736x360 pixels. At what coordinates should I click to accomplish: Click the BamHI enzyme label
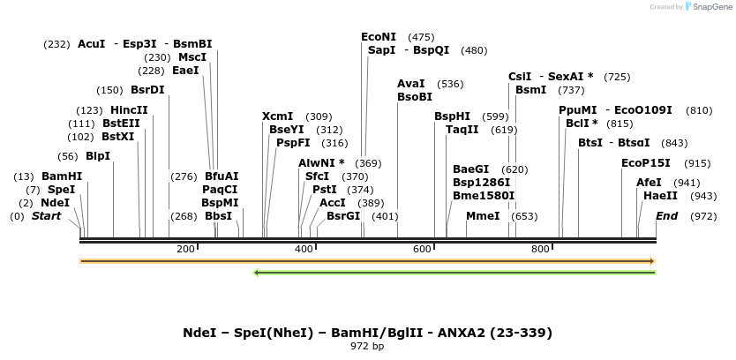[x=62, y=176]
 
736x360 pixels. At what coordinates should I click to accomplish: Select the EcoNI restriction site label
[x=379, y=37]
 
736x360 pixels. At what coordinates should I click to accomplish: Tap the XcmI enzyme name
[x=278, y=116]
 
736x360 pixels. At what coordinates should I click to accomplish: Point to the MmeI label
[x=483, y=216]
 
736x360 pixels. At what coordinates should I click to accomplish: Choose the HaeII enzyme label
[x=661, y=196]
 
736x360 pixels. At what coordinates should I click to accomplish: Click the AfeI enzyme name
[x=649, y=183]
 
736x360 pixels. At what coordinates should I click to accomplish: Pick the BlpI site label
[x=98, y=156]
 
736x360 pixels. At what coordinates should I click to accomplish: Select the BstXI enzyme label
[x=118, y=137]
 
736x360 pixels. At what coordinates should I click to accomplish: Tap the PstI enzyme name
[x=325, y=189]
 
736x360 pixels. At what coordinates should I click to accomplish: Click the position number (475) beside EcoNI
[x=421, y=37]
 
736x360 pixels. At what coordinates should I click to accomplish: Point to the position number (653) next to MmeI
[x=524, y=216]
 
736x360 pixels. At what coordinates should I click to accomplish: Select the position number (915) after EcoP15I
[x=697, y=163]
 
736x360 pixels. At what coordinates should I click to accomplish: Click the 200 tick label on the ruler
[x=185, y=250]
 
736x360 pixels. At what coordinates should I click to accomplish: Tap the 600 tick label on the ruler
[x=422, y=250]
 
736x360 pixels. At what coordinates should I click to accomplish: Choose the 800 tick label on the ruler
[x=540, y=250]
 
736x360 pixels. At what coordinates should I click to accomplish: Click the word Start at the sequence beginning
[x=47, y=216]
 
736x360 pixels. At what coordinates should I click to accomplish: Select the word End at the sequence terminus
[x=667, y=216]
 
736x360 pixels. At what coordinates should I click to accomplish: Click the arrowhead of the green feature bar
[x=257, y=273]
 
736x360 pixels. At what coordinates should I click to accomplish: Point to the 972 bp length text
[x=367, y=346]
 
